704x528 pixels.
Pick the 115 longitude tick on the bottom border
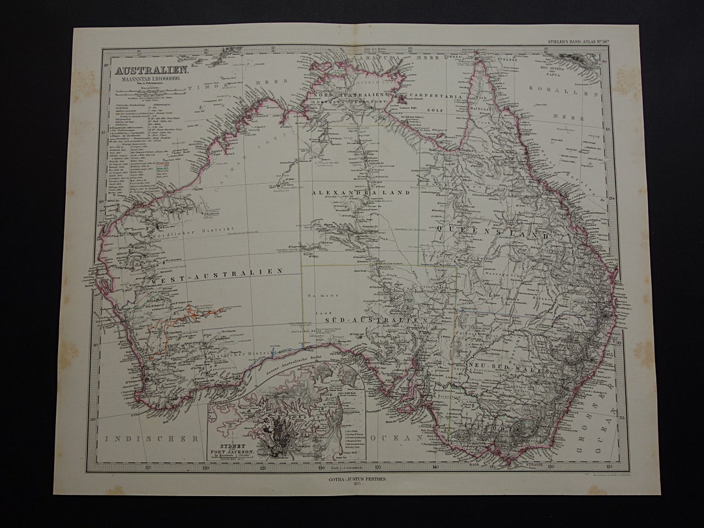pos(149,466)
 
